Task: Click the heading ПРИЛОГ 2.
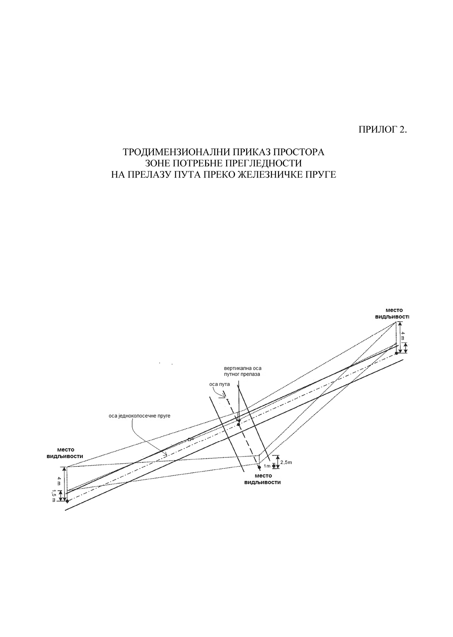(383, 130)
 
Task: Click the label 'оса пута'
(220, 384)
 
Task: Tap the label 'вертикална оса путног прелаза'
(242, 371)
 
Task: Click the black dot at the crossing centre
(238, 424)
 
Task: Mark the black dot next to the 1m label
(259, 467)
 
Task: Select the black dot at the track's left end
(67, 501)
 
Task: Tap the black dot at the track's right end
(396, 353)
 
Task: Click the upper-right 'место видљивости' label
(392, 313)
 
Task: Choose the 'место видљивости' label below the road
(263, 479)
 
